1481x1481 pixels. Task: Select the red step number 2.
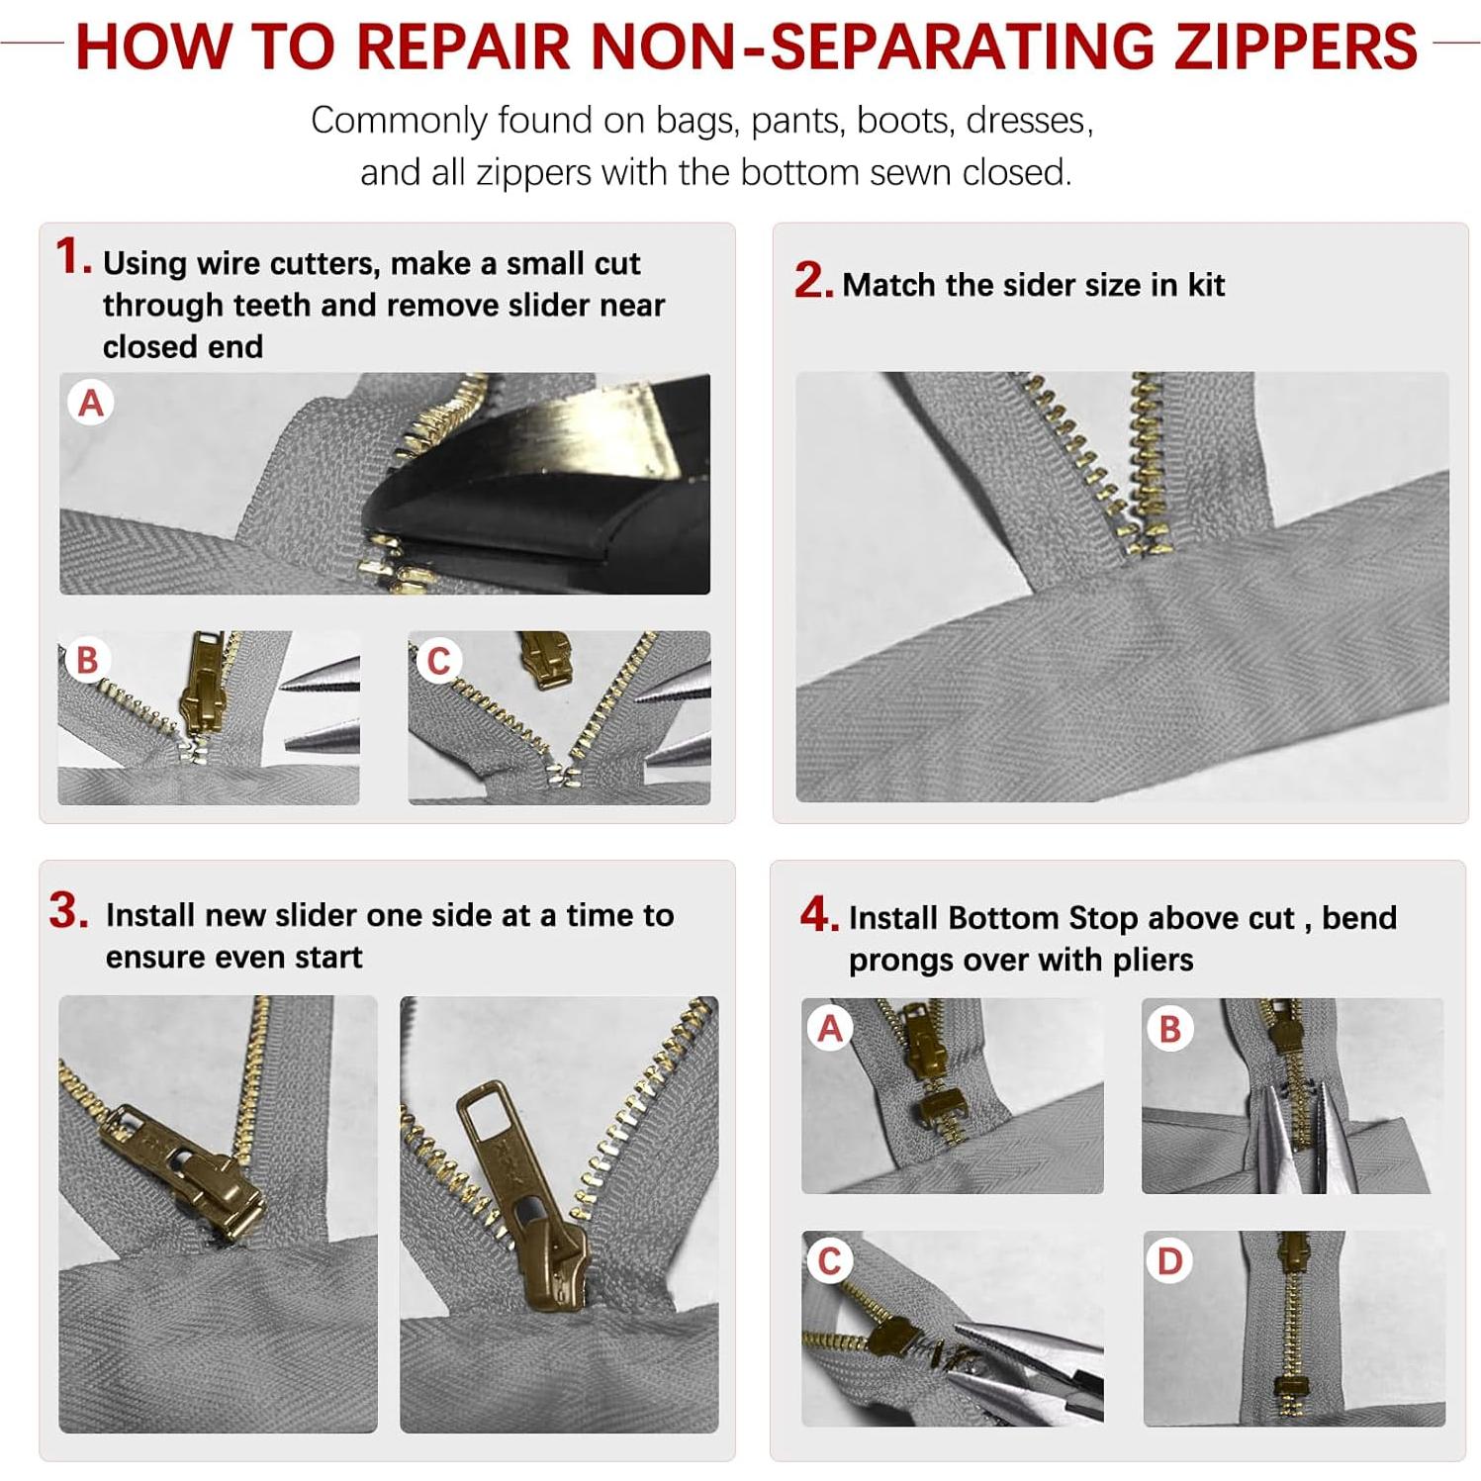click(812, 281)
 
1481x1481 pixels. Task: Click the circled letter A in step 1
click(91, 403)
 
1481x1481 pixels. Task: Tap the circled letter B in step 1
click(87, 660)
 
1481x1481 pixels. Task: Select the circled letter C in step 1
click(438, 660)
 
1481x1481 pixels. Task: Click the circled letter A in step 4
click(830, 1028)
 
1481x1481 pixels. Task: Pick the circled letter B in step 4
click(1170, 1029)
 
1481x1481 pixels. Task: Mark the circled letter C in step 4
click(830, 1261)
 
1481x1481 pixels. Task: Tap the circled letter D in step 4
click(1170, 1261)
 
